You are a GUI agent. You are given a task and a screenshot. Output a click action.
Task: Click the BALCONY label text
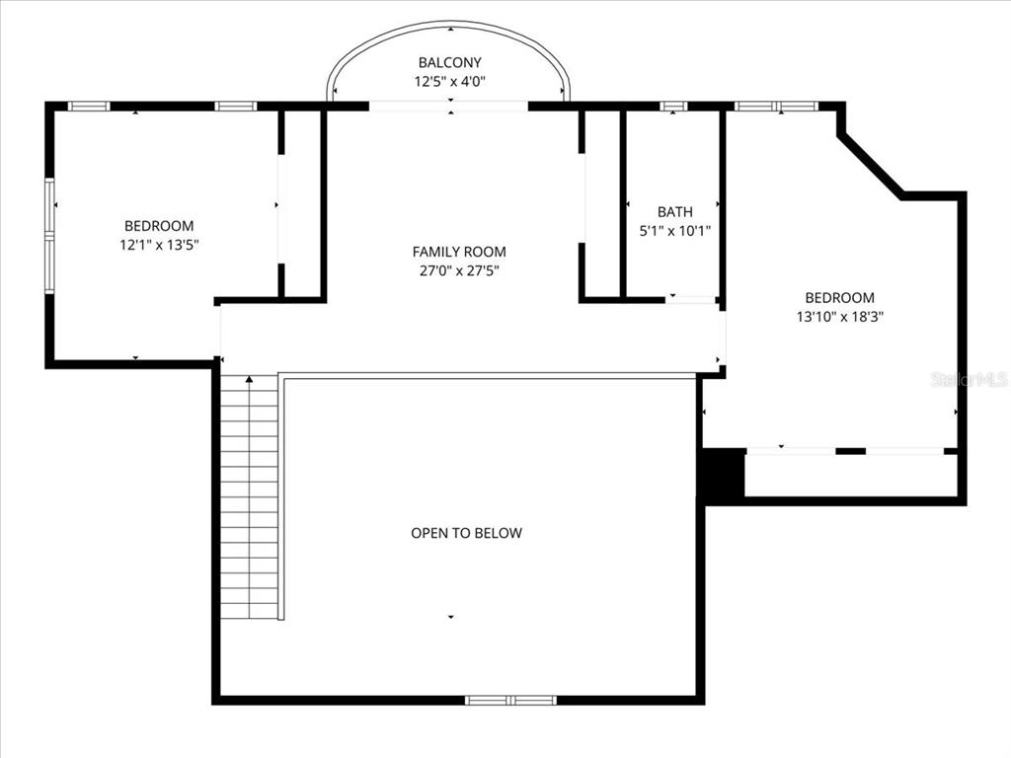449,62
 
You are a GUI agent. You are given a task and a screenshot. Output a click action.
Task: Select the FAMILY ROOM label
459,252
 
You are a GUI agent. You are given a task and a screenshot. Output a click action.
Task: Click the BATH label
674,211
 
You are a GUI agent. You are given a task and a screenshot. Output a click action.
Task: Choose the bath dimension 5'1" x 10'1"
674,231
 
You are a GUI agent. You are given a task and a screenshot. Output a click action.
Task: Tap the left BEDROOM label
159,225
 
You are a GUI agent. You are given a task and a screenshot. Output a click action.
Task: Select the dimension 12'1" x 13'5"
159,245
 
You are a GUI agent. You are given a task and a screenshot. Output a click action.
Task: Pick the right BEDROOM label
839,297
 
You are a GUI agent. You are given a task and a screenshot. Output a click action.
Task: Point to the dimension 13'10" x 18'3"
839,317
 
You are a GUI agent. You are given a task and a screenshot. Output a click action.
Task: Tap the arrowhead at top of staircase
249,379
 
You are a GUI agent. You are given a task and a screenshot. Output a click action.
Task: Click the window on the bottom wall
510,700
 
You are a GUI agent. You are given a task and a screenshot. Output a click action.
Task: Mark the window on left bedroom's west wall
49,235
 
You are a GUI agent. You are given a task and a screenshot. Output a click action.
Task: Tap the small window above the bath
673,106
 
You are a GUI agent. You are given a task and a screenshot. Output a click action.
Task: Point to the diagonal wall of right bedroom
870,166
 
